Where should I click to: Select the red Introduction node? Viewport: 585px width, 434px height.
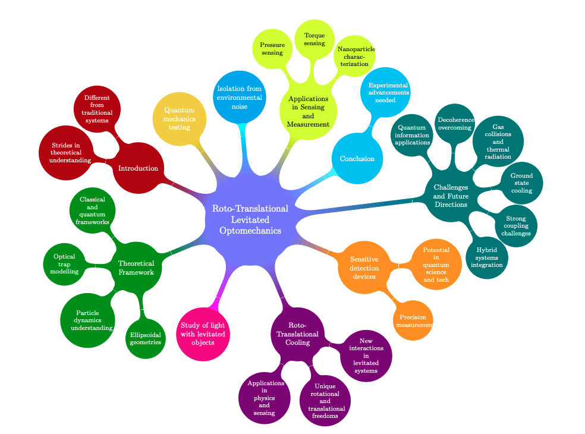[x=138, y=168]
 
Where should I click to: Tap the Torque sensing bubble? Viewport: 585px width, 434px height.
[x=314, y=39]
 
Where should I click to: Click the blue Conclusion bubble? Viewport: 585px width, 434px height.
[x=357, y=159]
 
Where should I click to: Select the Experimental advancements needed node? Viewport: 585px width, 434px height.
[x=385, y=93]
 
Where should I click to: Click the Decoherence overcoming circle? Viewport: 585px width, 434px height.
[x=455, y=124]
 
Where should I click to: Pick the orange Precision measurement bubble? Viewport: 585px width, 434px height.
[x=413, y=320]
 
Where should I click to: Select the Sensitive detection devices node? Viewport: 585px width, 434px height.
[x=363, y=268]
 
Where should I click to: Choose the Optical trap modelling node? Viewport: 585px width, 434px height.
[x=65, y=263]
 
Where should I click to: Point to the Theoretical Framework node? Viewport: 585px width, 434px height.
[x=136, y=268]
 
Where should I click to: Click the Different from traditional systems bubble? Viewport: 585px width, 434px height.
[x=97, y=109]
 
